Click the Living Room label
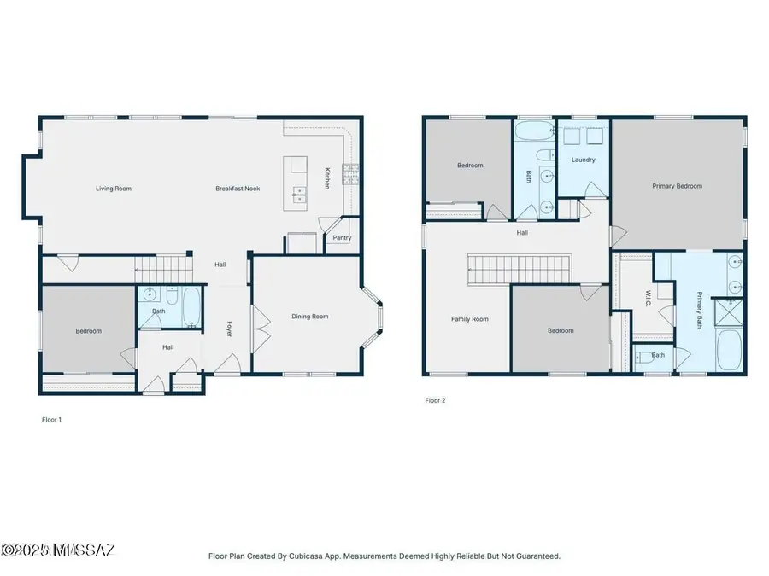114,189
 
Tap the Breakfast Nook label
238,189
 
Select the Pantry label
342,237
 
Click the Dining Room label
310,317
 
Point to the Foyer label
229,329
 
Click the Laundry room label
583,160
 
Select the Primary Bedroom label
677,186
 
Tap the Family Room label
469,319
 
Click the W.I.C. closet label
648,299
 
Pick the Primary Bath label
699,310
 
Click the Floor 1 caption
51,420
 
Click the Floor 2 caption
435,400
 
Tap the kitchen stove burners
350,174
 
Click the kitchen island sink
300,195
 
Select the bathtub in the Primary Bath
729,350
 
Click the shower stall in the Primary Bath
728,311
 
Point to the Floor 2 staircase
520,269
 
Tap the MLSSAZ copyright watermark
58,550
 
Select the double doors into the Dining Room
261,329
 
